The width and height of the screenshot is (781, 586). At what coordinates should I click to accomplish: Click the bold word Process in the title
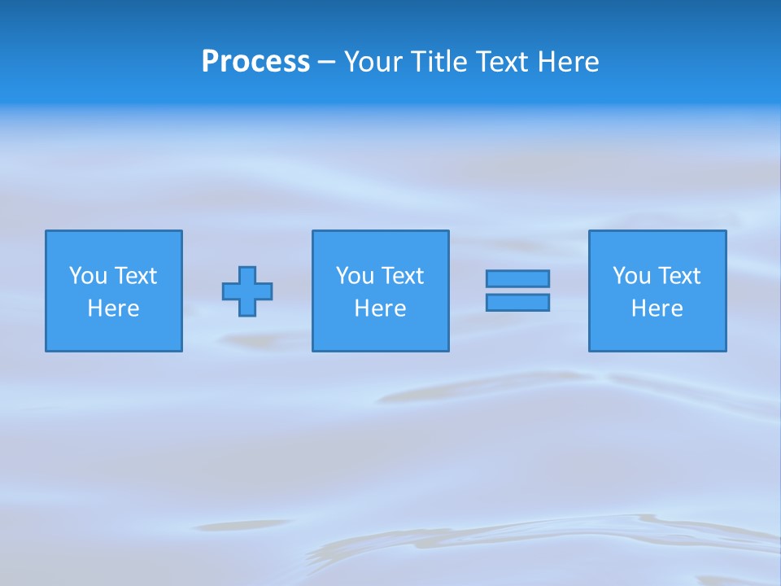click(x=255, y=62)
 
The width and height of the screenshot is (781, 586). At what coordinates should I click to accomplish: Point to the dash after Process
click(x=326, y=63)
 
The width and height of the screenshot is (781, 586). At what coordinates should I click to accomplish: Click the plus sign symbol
click(x=247, y=291)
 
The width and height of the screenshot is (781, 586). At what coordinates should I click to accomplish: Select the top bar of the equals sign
click(x=517, y=278)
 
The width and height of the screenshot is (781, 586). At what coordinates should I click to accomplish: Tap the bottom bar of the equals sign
click(x=517, y=303)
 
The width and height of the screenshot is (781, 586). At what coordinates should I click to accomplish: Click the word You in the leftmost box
click(x=88, y=276)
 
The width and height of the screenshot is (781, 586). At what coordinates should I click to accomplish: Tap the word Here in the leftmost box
click(x=114, y=308)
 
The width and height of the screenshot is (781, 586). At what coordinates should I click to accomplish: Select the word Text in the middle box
click(x=402, y=276)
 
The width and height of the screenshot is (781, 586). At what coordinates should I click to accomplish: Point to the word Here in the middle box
click(x=380, y=308)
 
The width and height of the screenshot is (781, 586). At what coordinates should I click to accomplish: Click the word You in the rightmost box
click(x=631, y=276)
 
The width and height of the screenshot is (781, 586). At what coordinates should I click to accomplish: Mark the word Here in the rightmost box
click(x=657, y=308)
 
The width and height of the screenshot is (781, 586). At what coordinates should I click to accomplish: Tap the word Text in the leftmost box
click(x=135, y=276)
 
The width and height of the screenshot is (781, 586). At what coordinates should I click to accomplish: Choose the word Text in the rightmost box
click(x=678, y=276)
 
